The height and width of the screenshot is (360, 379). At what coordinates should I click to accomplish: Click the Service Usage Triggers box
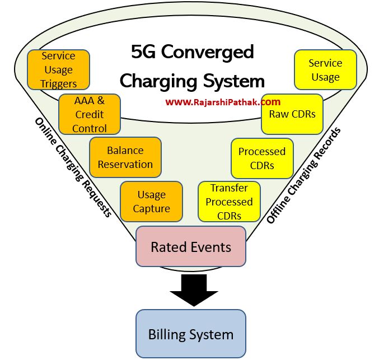tap(59, 70)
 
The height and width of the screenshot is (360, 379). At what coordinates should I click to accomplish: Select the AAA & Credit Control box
tap(89, 114)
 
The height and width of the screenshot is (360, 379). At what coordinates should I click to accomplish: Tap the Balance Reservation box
tap(125, 157)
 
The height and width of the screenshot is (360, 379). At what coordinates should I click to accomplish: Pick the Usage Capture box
tap(151, 202)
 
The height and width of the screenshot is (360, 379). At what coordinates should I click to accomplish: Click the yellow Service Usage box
tap(325, 70)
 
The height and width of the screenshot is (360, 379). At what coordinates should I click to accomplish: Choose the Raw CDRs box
tap(292, 114)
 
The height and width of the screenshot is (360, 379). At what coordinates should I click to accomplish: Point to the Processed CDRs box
tap(262, 158)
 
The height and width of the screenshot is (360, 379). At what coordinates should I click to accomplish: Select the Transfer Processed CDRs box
tap(229, 202)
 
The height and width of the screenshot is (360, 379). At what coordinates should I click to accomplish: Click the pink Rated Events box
tap(191, 246)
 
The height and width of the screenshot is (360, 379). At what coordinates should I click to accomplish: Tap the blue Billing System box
tap(191, 334)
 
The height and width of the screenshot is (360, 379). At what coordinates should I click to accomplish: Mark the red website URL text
tap(223, 102)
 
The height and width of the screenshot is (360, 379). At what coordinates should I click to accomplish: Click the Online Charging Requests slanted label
tap(73, 168)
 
